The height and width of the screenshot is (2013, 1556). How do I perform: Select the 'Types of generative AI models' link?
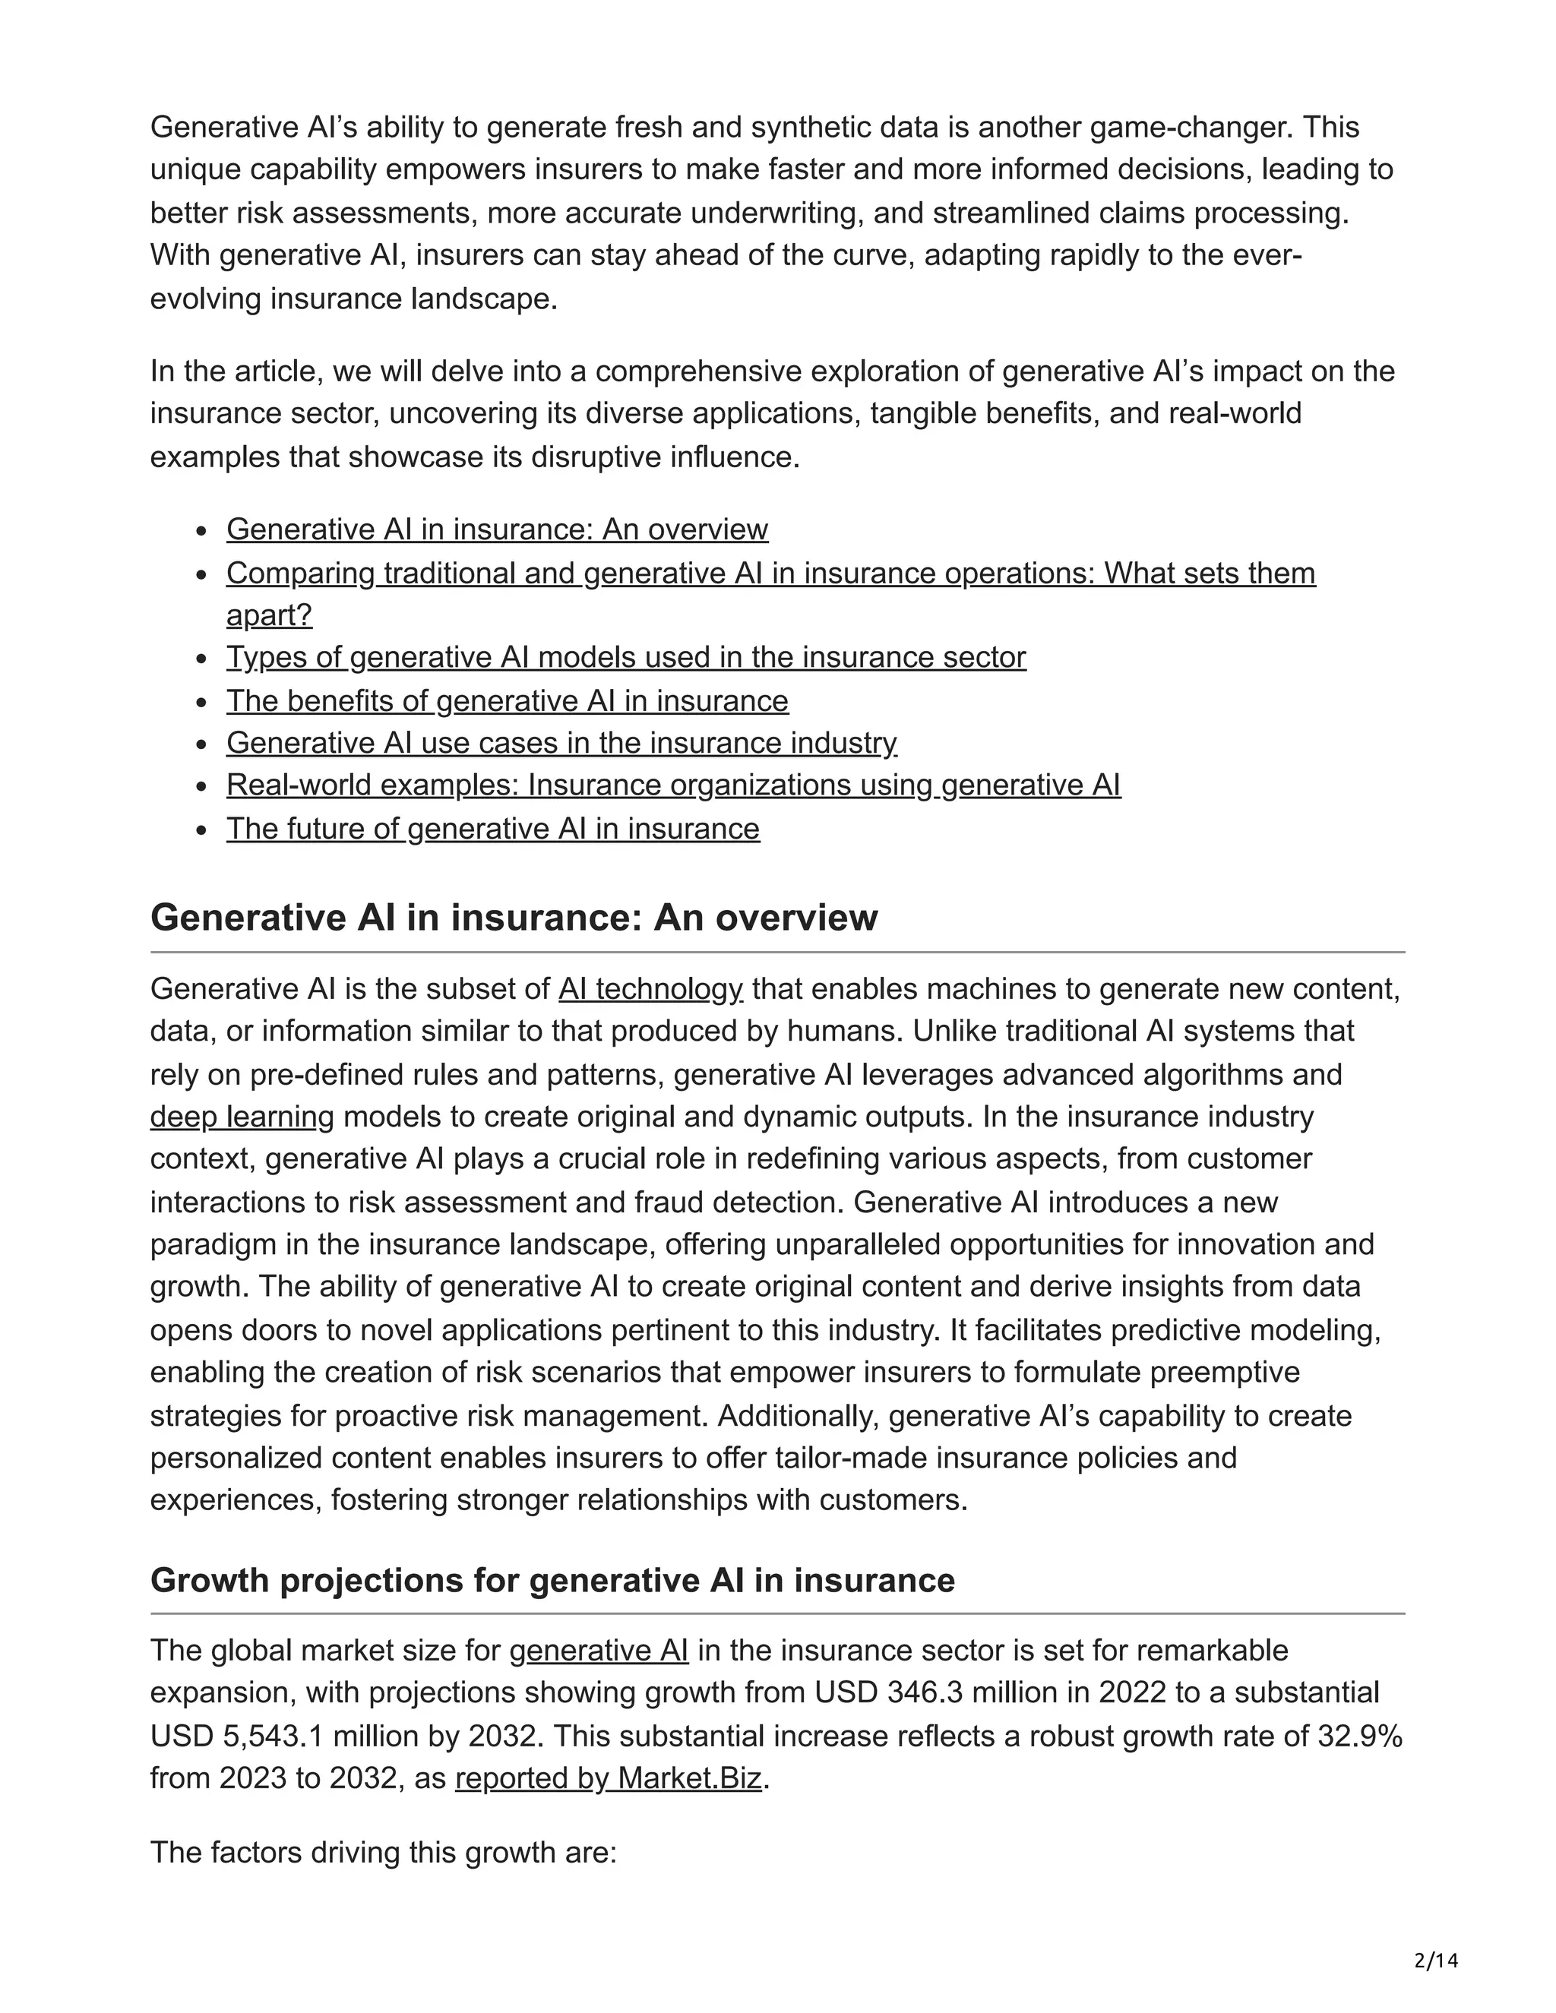626,657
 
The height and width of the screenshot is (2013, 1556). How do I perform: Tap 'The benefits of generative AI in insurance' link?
507,700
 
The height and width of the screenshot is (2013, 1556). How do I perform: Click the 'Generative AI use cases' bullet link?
561,743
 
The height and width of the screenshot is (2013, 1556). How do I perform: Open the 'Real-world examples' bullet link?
673,785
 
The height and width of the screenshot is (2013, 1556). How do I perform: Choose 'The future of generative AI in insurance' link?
493,829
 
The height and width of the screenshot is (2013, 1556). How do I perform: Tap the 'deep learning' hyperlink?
242,1117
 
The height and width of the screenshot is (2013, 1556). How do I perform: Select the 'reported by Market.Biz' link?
609,1778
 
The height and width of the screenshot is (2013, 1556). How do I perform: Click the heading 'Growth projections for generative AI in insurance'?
552,1580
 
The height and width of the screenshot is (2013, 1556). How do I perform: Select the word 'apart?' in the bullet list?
269,615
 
